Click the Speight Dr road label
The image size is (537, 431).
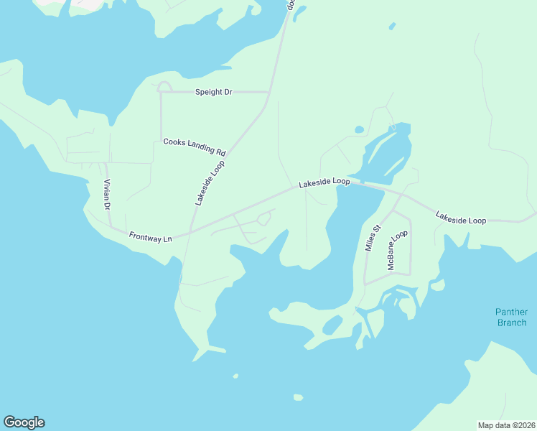coord(214,92)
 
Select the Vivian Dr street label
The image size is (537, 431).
coord(107,195)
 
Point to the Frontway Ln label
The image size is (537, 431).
coord(151,236)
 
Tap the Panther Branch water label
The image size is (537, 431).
coord(511,317)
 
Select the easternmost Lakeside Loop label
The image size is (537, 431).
coord(461,218)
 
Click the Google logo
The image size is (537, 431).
coord(24,422)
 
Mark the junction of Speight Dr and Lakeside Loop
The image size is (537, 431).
coord(268,92)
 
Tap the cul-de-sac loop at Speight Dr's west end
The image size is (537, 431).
coord(164,87)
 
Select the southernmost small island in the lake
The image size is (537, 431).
coord(298,397)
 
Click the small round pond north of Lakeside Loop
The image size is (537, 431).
coord(359,130)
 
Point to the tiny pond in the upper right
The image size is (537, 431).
coord(392,27)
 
